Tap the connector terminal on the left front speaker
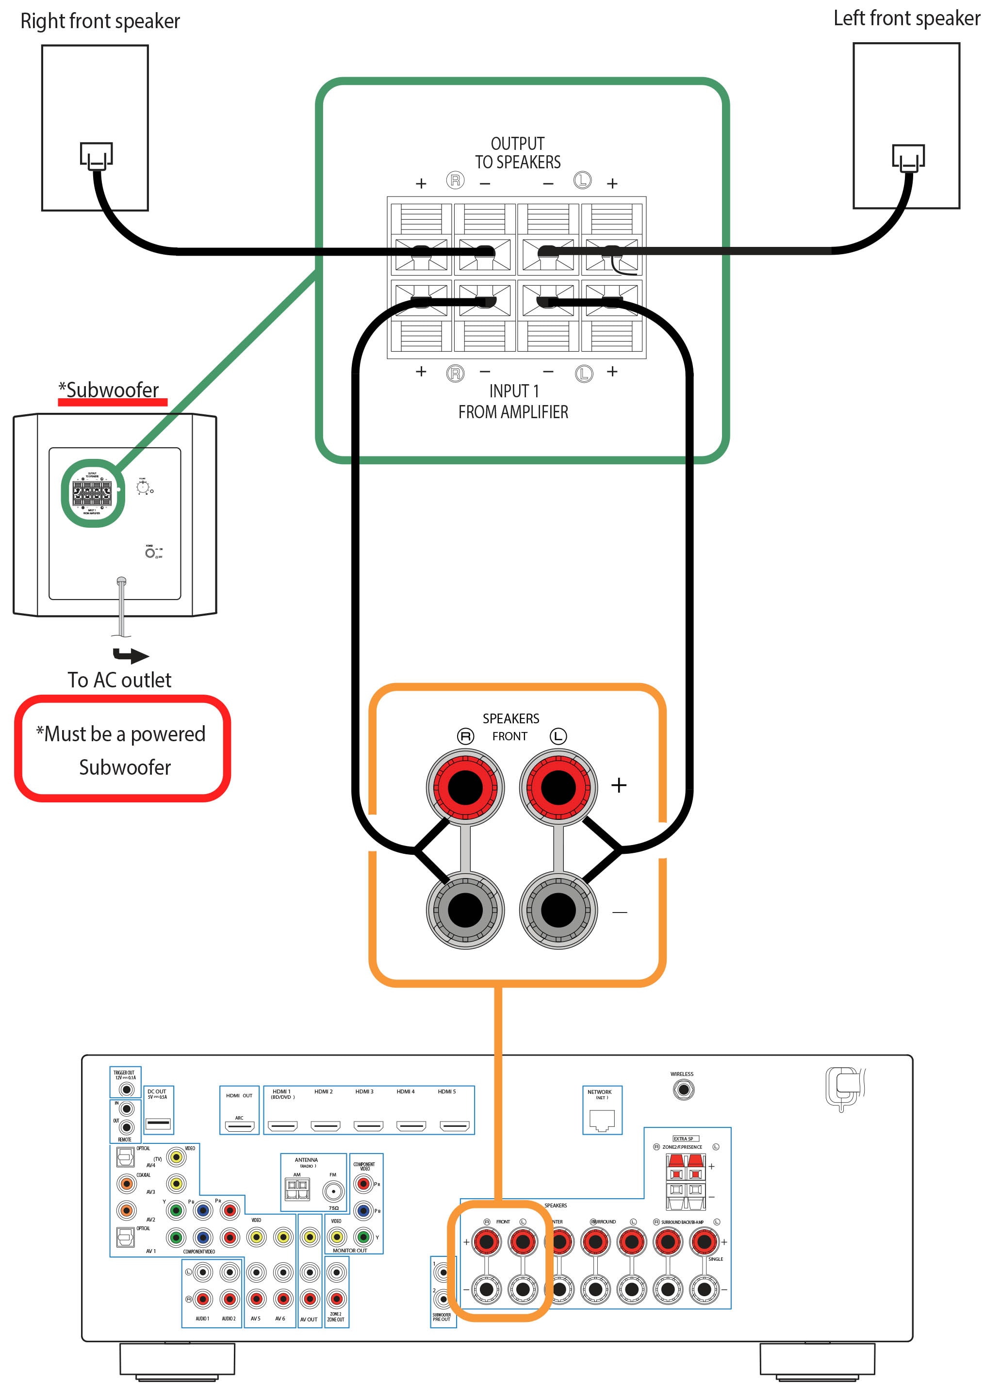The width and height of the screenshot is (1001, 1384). click(x=908, y=158)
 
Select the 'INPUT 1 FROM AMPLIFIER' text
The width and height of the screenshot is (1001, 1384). click(x=513, y=402)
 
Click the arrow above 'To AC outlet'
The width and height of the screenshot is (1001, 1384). click(x=131, y=655)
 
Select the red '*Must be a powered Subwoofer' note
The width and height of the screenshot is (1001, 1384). click(x=123, y=749)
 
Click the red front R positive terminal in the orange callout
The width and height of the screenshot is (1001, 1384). click(x=465, y=787)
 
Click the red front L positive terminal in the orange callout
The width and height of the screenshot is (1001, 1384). click(x=558, y=787)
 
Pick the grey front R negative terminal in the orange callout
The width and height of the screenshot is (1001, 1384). click(x=465, y=911)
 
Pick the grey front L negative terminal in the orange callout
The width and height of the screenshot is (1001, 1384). click(x=558, y=911)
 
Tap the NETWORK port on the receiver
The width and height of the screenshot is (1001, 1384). click(x=602, y=1119)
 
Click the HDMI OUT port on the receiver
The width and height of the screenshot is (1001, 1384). click(x=239, y=1126)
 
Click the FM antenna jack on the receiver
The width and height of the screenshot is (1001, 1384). click(x=333, y=1190)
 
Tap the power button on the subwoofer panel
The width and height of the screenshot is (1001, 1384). click(x=149, y=553)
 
